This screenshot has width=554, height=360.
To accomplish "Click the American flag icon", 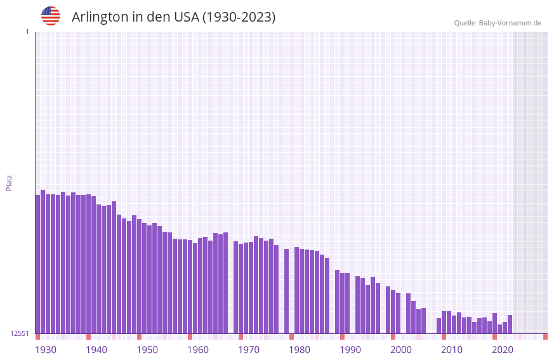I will pyautogui.click(x=51, y=16).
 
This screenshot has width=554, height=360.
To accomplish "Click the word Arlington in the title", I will pyautogui.click(x=100, y=17).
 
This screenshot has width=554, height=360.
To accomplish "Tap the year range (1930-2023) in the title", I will pyautogui.click(x=239, y=17).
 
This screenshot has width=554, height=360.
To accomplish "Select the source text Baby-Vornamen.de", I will pyautogui.click(x=510, y=23).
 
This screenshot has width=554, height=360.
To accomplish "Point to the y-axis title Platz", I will pyautogui.click(x=9, y=182).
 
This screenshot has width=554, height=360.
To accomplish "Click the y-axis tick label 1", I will pyautogui.click(x=27, y=32).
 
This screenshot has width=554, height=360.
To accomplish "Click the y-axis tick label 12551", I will pyautogui.click(x=20, y=333).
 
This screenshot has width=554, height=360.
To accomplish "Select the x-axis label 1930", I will pyautogui.click(x=46, y=350).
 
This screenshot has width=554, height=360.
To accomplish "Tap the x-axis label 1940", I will pyautogui.click(x=96, y=350).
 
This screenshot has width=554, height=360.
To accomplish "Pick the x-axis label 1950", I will pyautogui.click(x=147, y=350).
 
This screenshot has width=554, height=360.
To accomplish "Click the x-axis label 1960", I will pyautogui.click(x=198, y=350).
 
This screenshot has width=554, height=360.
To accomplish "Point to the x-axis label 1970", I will pyautogui.click(x=249, y=350).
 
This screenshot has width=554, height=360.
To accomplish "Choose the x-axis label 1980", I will pyautogui.click(x=300, y=350).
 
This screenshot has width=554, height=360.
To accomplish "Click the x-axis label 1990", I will pyautogui.click(x=350, y=350).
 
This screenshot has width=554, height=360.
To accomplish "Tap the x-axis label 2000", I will pyautogui.click(x=401, y=350).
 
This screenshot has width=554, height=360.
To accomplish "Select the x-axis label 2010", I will pyautogui.click(x=452, y=350).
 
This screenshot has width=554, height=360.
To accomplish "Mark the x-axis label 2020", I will pyautogui.click(x=503, y=350).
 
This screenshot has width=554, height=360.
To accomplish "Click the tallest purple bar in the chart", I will pyautogui.click(x=43, y=260).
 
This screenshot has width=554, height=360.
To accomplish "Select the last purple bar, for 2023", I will pyautogui.click(x=510, y=324).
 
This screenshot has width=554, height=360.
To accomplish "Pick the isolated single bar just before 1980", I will pyautogui.click(x=287, y=291).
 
